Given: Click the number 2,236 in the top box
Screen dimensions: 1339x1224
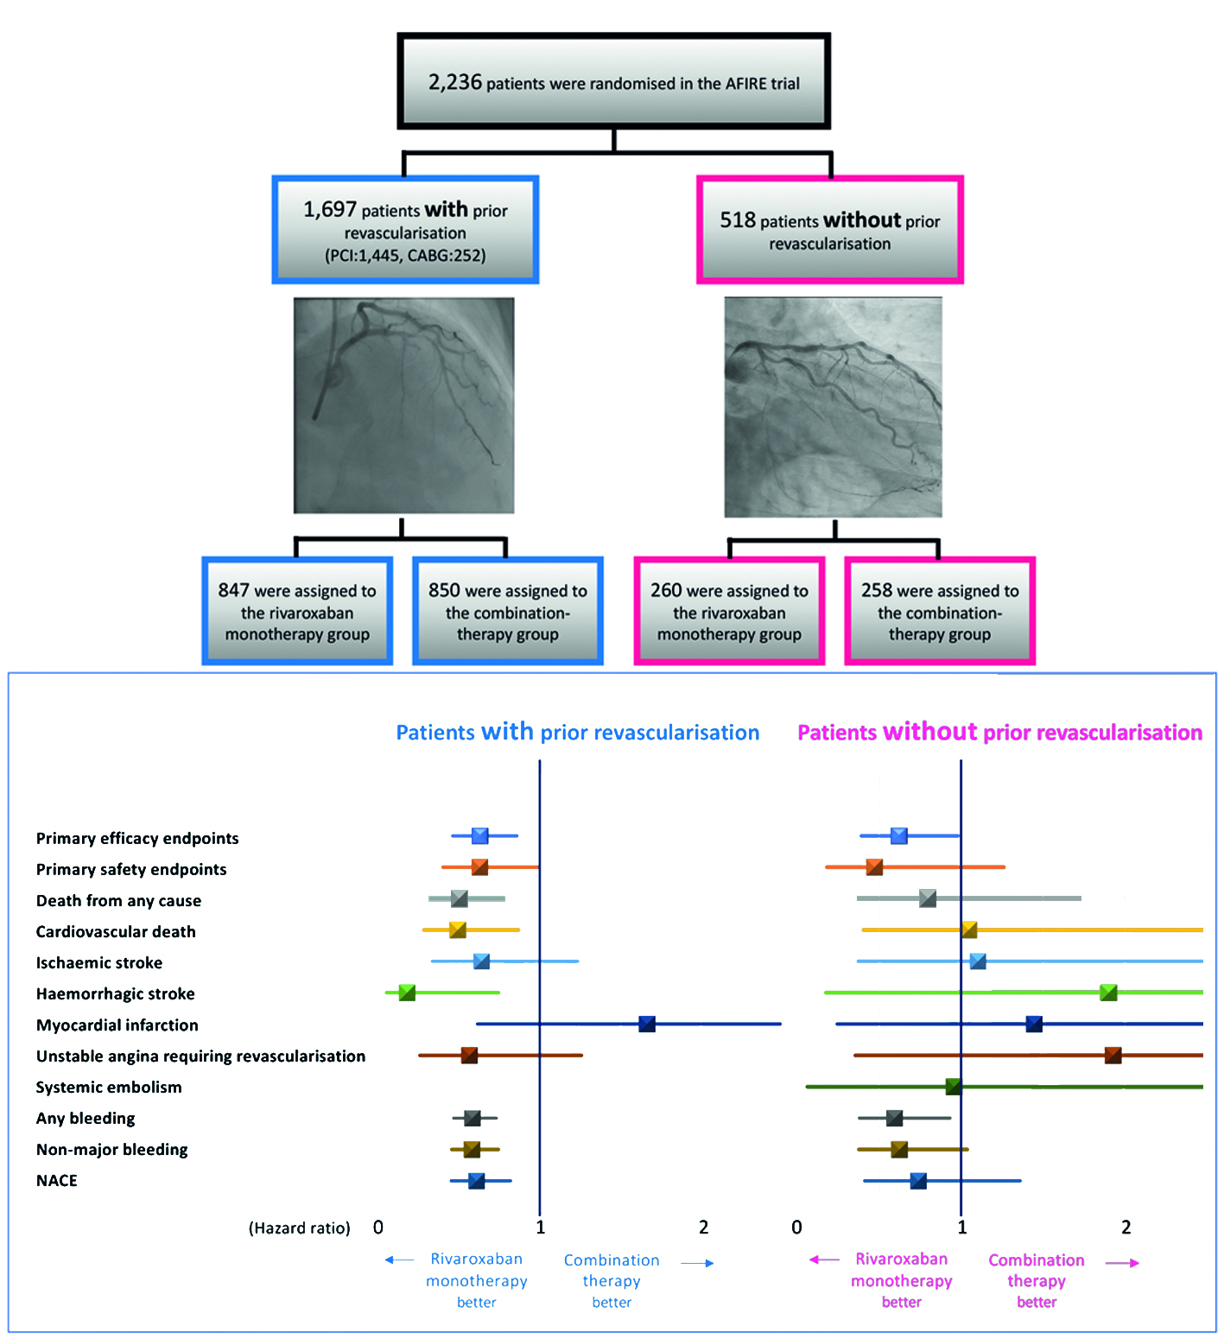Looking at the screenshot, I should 455,82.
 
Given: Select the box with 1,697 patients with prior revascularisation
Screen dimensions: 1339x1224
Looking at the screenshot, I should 405,231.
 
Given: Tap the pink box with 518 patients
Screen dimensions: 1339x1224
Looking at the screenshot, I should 829,231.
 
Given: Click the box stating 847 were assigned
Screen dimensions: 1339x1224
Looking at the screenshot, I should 297,612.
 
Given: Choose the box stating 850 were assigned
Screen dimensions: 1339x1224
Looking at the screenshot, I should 508,612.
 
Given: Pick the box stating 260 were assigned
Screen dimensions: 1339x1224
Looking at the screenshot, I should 729,612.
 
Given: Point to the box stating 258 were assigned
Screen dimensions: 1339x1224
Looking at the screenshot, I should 940,612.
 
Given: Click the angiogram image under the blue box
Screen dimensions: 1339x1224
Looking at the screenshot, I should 403,405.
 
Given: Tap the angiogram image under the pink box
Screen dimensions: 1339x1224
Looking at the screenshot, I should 833,407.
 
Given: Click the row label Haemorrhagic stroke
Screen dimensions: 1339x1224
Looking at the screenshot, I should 116,993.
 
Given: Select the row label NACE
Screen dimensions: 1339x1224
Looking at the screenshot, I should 57,1180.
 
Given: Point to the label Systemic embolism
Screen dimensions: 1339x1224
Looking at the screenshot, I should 109,1087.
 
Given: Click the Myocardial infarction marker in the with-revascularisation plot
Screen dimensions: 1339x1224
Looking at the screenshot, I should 647,1024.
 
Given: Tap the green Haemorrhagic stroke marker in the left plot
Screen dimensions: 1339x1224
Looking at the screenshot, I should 407,993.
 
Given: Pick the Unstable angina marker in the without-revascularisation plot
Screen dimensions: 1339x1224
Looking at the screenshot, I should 1113,1055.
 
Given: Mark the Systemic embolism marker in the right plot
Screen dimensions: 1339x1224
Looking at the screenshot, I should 953,1086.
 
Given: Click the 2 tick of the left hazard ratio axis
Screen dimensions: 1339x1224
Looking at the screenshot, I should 703,1227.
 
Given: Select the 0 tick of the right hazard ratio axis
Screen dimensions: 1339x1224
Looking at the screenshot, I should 796,1227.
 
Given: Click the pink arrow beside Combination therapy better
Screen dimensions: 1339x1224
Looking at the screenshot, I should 1122,1263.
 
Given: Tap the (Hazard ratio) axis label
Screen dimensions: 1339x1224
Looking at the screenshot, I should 300,1228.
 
